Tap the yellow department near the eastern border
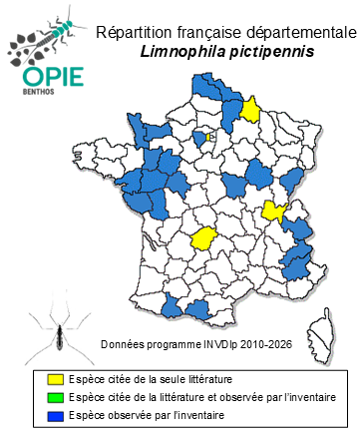tap(272, 211)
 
